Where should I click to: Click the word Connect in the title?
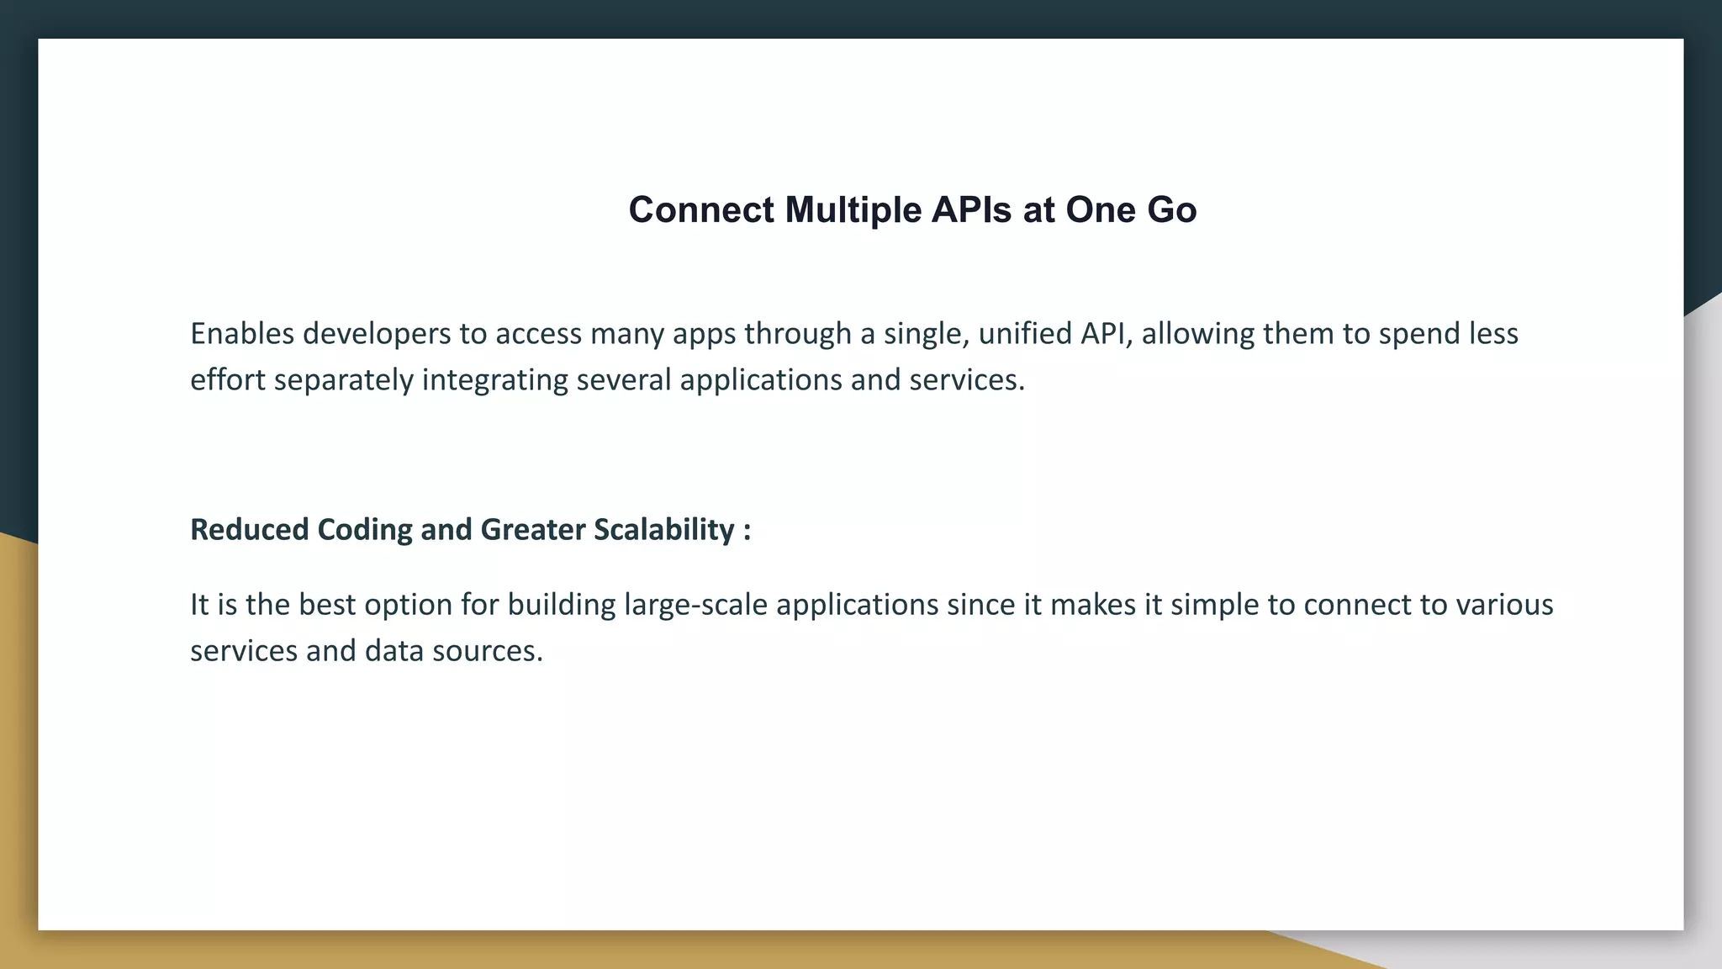(x=701, y=210)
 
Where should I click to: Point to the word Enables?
(x=242, y=334)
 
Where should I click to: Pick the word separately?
(x=344, y=380)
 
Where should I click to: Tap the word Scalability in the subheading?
(x=664, y=530)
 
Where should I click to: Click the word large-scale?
(x=695, y=605)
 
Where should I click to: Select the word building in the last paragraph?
(x=562, y=605)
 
